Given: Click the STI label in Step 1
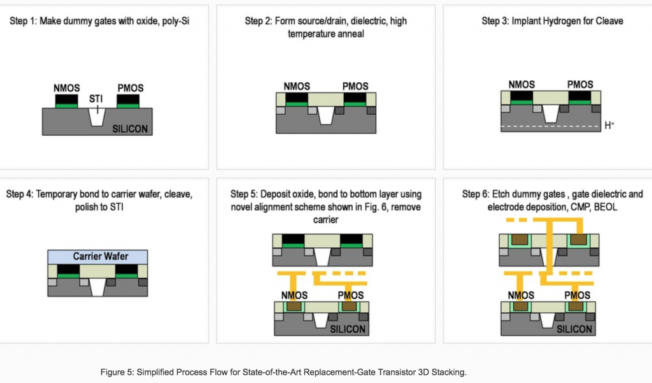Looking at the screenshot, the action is coord(96,99).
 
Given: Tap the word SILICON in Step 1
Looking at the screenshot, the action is coord(130,129).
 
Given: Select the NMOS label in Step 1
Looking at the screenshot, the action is coord(66,88).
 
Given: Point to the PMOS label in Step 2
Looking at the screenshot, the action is coord(355,87).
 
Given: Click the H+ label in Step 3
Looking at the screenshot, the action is coord(609,125).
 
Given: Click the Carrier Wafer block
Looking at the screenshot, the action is coord(97,256).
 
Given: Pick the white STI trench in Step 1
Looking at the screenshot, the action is coord(97,117).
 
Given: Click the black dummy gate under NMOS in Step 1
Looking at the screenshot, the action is coord(66,99).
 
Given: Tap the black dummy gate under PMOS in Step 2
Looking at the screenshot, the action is coord(355,98).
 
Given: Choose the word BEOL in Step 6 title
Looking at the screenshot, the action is coord(606,207).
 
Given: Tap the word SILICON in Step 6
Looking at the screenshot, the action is coord(574,329).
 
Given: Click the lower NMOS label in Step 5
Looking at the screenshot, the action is coord(294,296).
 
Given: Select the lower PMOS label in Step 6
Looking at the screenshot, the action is coord(577,296).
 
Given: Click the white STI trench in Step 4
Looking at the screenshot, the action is coord(97,287).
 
